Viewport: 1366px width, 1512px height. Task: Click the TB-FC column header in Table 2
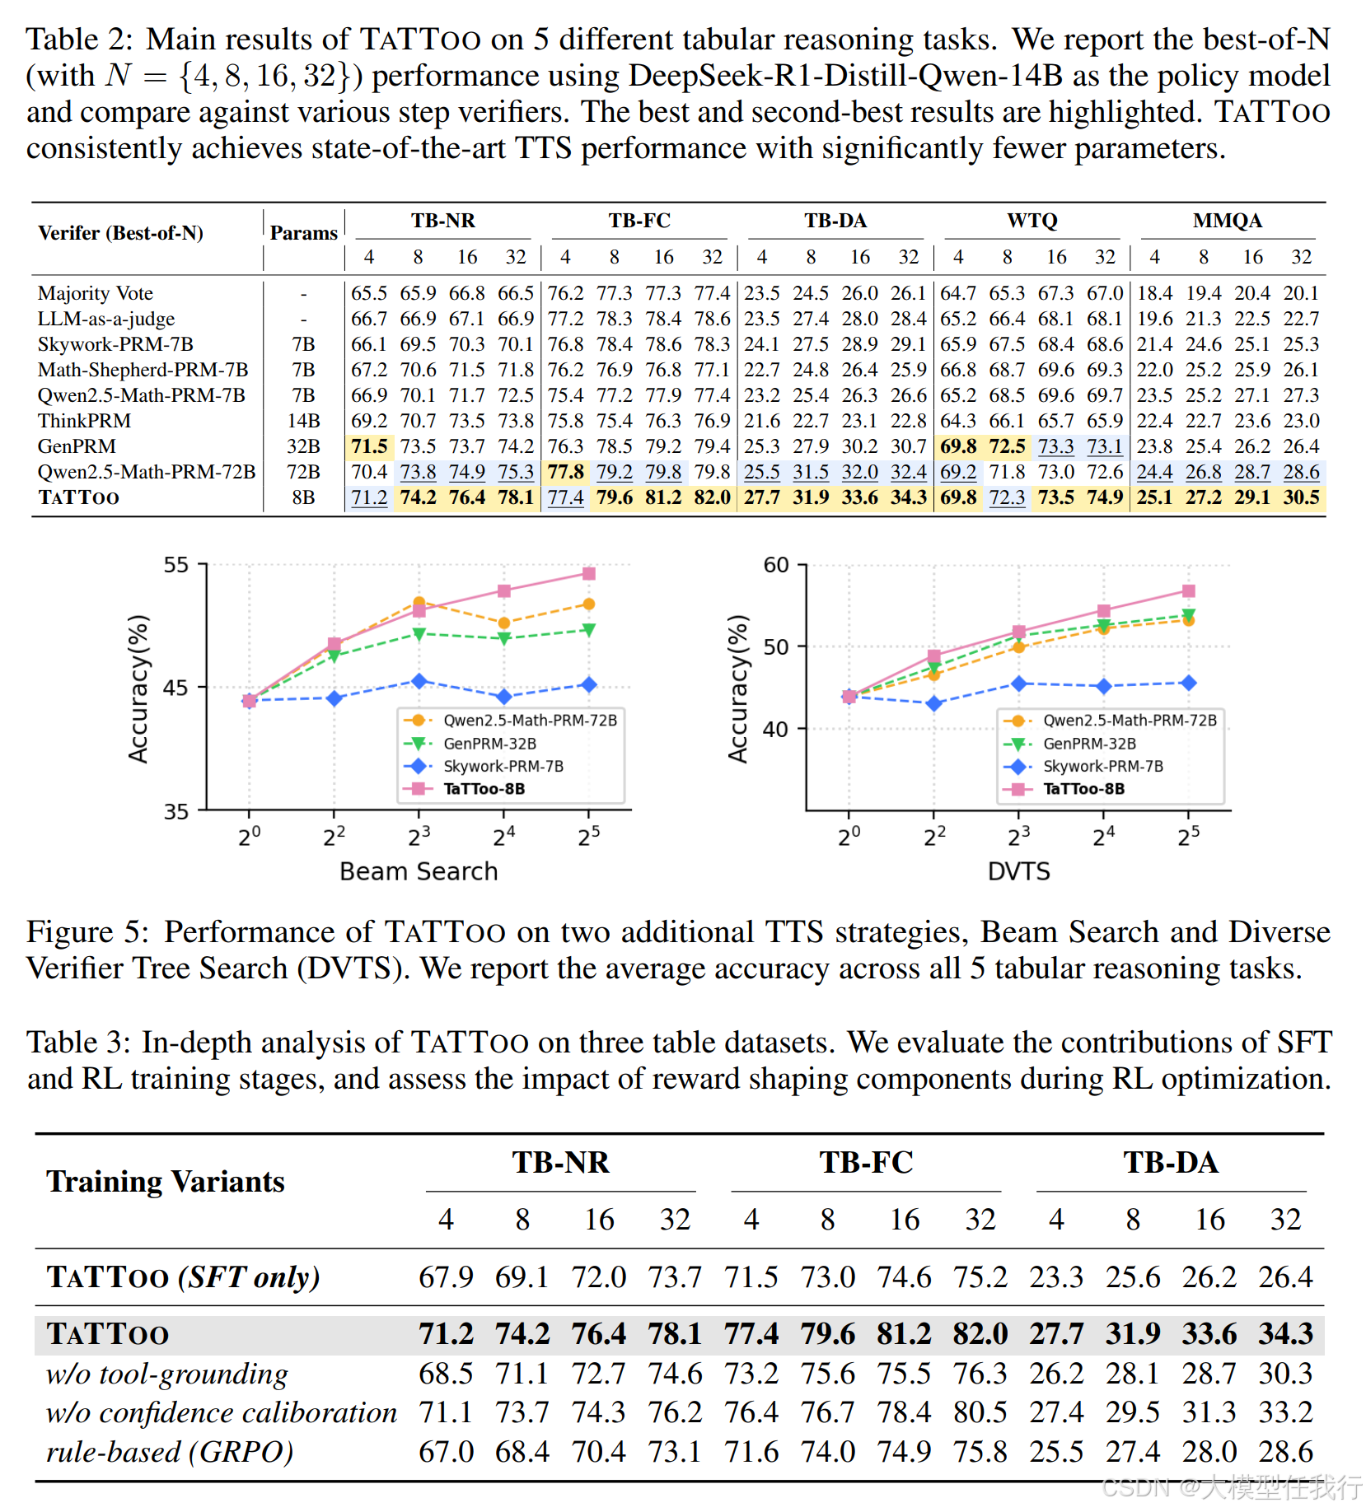tap(639, 221)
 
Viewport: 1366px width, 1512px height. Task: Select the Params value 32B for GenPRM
tap(303, 446)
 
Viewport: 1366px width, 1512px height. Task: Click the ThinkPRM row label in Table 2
tap(84, 421)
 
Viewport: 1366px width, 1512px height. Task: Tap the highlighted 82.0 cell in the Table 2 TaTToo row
tap(712, 497)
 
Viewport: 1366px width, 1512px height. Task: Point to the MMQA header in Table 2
tap(1227, 221)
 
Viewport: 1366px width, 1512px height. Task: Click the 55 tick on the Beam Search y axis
tap(176, 565)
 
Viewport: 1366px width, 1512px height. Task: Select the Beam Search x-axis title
tap(419, 871)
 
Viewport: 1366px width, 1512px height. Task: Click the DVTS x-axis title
tap(1018, 871)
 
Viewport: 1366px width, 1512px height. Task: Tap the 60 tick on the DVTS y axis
tap(776, 565)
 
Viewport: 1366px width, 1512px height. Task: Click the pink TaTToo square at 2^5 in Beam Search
tap(589, 573)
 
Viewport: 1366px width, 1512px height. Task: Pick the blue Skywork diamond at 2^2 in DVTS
tap(933, 703)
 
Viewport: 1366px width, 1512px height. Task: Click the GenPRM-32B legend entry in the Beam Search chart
tap(489, 744)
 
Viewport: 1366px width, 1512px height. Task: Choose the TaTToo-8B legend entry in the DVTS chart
tap(1083, 789)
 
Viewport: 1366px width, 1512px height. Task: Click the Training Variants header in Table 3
tap(166, 1182)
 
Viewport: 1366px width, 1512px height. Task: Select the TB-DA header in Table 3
tap(1171, 1163)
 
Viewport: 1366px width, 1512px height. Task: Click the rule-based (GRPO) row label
tap(170, 1451)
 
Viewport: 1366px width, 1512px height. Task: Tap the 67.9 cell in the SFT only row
tap(446, 1277)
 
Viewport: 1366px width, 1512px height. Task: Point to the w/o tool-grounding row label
tap(167, 1374)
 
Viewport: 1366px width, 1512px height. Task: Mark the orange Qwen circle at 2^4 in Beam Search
tap(504, 623)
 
